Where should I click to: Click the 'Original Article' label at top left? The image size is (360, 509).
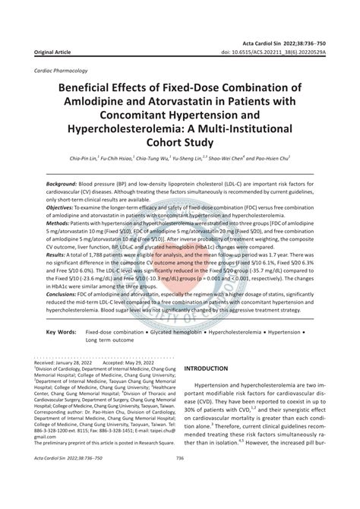point(49,53)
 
